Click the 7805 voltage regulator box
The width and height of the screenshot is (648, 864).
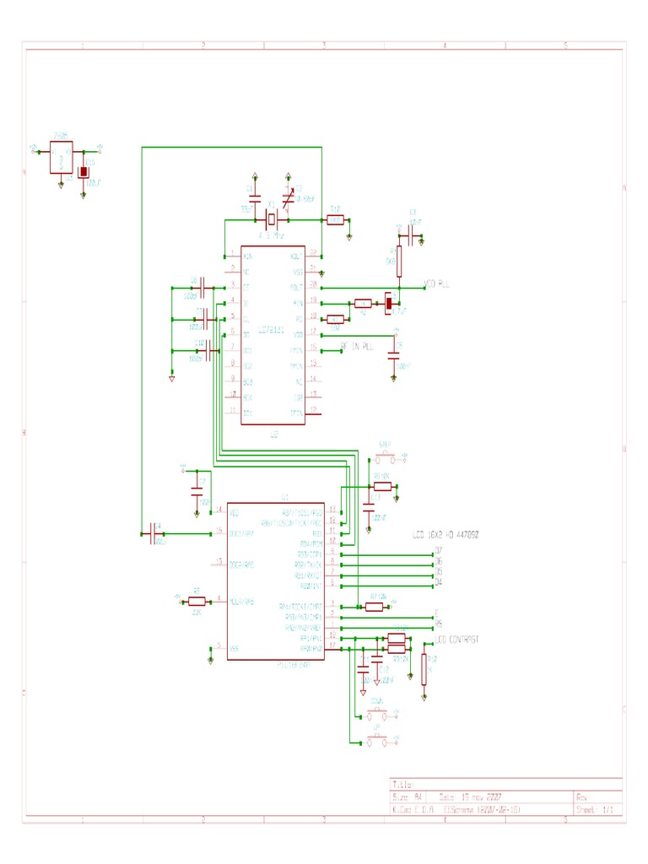[x=61, y=157]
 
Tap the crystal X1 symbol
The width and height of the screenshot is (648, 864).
[x=271, y=220]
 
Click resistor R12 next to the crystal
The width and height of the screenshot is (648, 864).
[x=334, y=220]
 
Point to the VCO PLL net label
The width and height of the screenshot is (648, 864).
[x=436, y=286]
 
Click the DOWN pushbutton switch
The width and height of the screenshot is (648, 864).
[x=377, y=715]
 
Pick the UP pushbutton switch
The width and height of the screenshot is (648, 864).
[x=377, y=742]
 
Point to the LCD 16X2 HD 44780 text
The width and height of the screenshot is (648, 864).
[x=445, y=535]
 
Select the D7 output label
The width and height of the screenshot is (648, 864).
[x=438, y=552]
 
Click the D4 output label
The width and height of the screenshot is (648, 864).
[x=438, y=583]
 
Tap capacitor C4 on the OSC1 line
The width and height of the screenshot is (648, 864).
[x=154, y=533]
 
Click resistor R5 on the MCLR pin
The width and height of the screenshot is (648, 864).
[x=196, y=601]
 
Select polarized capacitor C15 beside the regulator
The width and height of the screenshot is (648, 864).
[x=84, y=172]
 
